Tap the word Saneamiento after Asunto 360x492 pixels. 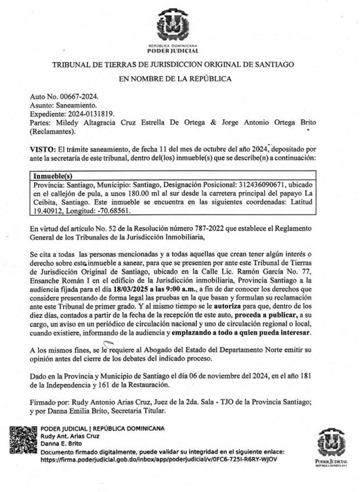click(78, 105)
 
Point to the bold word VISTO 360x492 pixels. click(42, 149)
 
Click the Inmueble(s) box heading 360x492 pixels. click(52, 175)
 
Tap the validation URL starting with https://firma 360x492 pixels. click(159, 459)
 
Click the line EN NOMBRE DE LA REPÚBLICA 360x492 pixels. click(175, 79)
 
